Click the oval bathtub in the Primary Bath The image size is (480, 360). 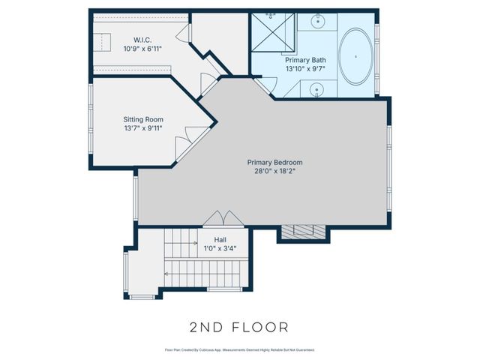[x=355, y=56]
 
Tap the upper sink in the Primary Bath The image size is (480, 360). [x=316, y=22]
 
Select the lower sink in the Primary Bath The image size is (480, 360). [x=316, y=90]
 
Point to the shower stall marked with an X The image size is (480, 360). [x=273, y=31]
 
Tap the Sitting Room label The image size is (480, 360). [x=143, y=119]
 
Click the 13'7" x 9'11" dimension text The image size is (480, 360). [x=143, y=128]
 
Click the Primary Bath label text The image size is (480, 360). [x=305, y=59]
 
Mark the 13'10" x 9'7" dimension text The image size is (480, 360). [x=305, y=68]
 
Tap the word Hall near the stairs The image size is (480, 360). [x=220, y=240]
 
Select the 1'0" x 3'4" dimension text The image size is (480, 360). [x=220, y=249]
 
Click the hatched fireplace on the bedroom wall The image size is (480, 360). [x=304, y=231]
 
